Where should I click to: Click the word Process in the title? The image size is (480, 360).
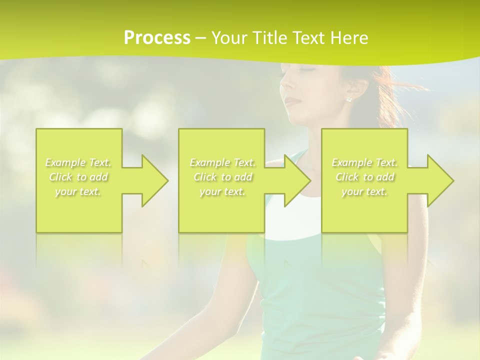pyautogui.click(x=157, y=38)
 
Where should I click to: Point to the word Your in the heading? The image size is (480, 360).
pyautogui.click(x=228, y=38)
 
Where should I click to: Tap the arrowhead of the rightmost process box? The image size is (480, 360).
pyautogui.click(x=438, y=180)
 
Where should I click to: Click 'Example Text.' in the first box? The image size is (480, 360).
pyautogui.click(x=78, y=162)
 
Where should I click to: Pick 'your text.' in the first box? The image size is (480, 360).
pyautogui.click(x=78, y=191)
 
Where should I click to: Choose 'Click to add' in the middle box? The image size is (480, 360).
pyautogui.click(x=222, y=177)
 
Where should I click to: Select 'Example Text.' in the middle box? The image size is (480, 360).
pyautogui.click(x=222, y=162)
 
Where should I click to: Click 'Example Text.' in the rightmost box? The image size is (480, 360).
pyautogui.click(x=364, y=162)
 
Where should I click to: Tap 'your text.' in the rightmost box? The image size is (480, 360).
pyautogui.click(x=364, y=191)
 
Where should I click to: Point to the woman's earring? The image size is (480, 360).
pyautogui.click(x=348, y=99)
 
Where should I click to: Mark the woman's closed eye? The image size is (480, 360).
pyautogui.click(x=306, y=69)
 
